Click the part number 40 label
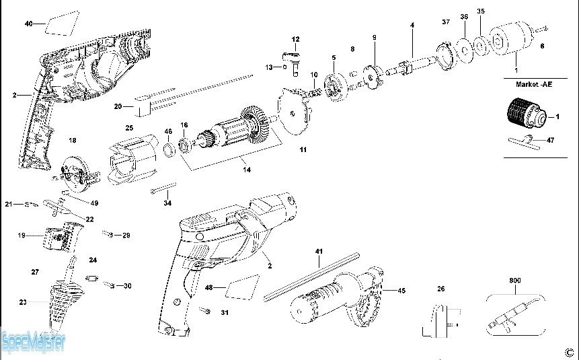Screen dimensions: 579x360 pos(28,24)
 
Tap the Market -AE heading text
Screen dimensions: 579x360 pos(534,84)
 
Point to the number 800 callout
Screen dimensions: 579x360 pos(514,281)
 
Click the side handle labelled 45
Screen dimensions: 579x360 pos(336,297)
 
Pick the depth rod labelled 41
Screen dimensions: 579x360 pos(311,277)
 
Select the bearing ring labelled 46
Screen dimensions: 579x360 pos(169,149)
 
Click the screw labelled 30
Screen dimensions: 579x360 pos(110,285)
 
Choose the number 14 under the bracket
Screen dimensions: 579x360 pos(247,170)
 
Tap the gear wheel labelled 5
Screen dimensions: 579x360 pos(336,87)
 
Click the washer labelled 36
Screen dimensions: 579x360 pos(465,50)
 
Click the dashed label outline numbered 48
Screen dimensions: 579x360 pos(242,287)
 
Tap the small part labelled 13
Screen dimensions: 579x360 pos(285,67)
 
